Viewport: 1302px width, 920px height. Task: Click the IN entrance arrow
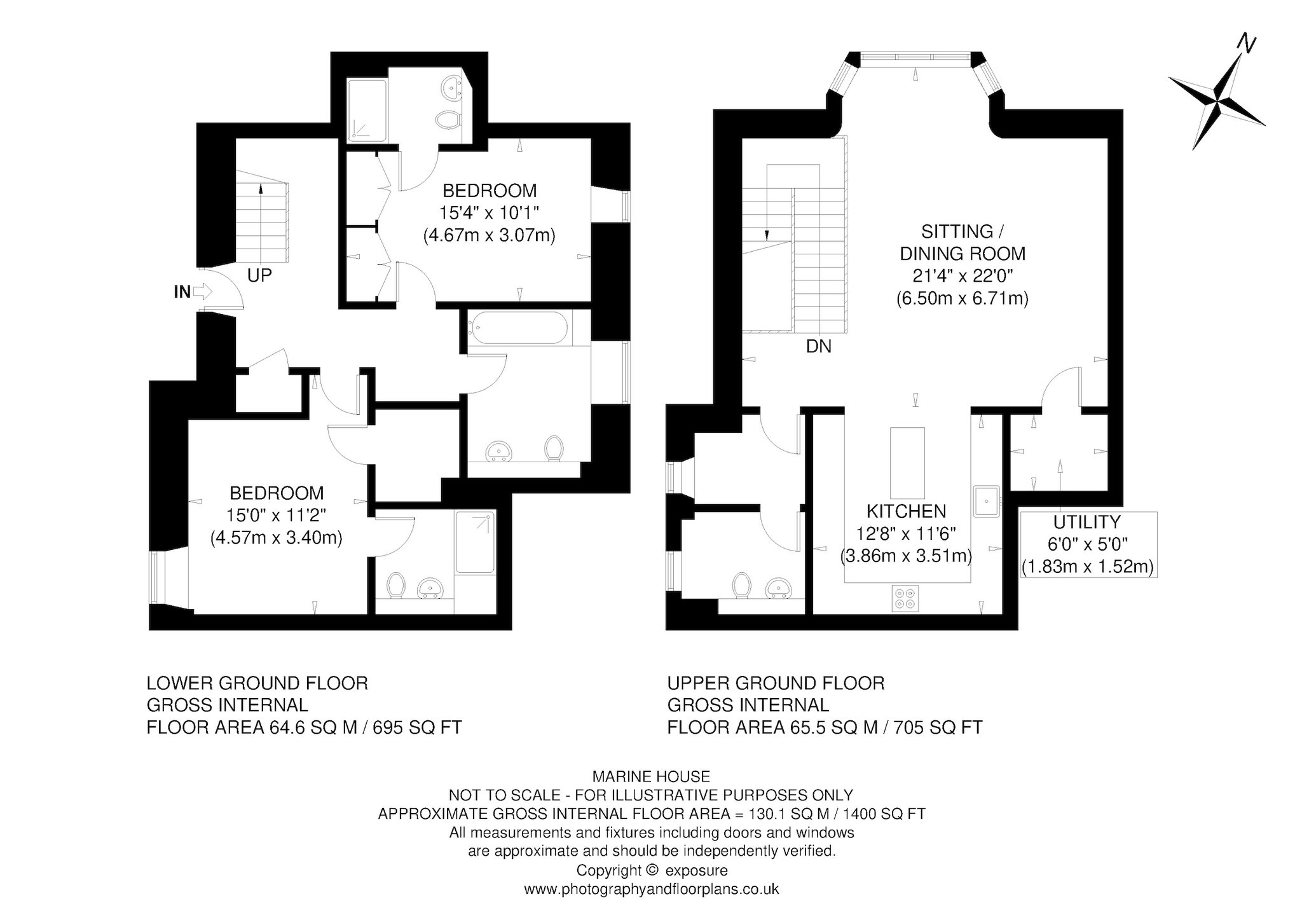(202, 292)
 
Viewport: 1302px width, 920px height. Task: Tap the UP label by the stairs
(259, 275)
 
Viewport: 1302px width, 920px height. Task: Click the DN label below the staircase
(818, 347)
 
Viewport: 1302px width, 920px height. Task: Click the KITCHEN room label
(906, 511)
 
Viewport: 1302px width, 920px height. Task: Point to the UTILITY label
(1086, 522)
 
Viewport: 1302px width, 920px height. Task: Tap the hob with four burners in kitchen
(905, 598)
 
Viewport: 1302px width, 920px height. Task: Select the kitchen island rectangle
(907, 463)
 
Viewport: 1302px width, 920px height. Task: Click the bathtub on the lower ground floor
(518, 328)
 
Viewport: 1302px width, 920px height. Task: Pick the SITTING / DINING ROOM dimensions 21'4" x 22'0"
(962, 276)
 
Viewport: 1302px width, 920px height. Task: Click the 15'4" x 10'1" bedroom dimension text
(489, 213)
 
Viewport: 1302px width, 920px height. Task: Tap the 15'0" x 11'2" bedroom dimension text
(277, 515)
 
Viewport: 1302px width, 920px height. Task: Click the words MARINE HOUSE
(651, 776)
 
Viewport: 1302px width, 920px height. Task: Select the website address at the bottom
(651, 889)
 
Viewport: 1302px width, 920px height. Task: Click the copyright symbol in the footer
(649, 870)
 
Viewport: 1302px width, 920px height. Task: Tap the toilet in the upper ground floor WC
(741, 585)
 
